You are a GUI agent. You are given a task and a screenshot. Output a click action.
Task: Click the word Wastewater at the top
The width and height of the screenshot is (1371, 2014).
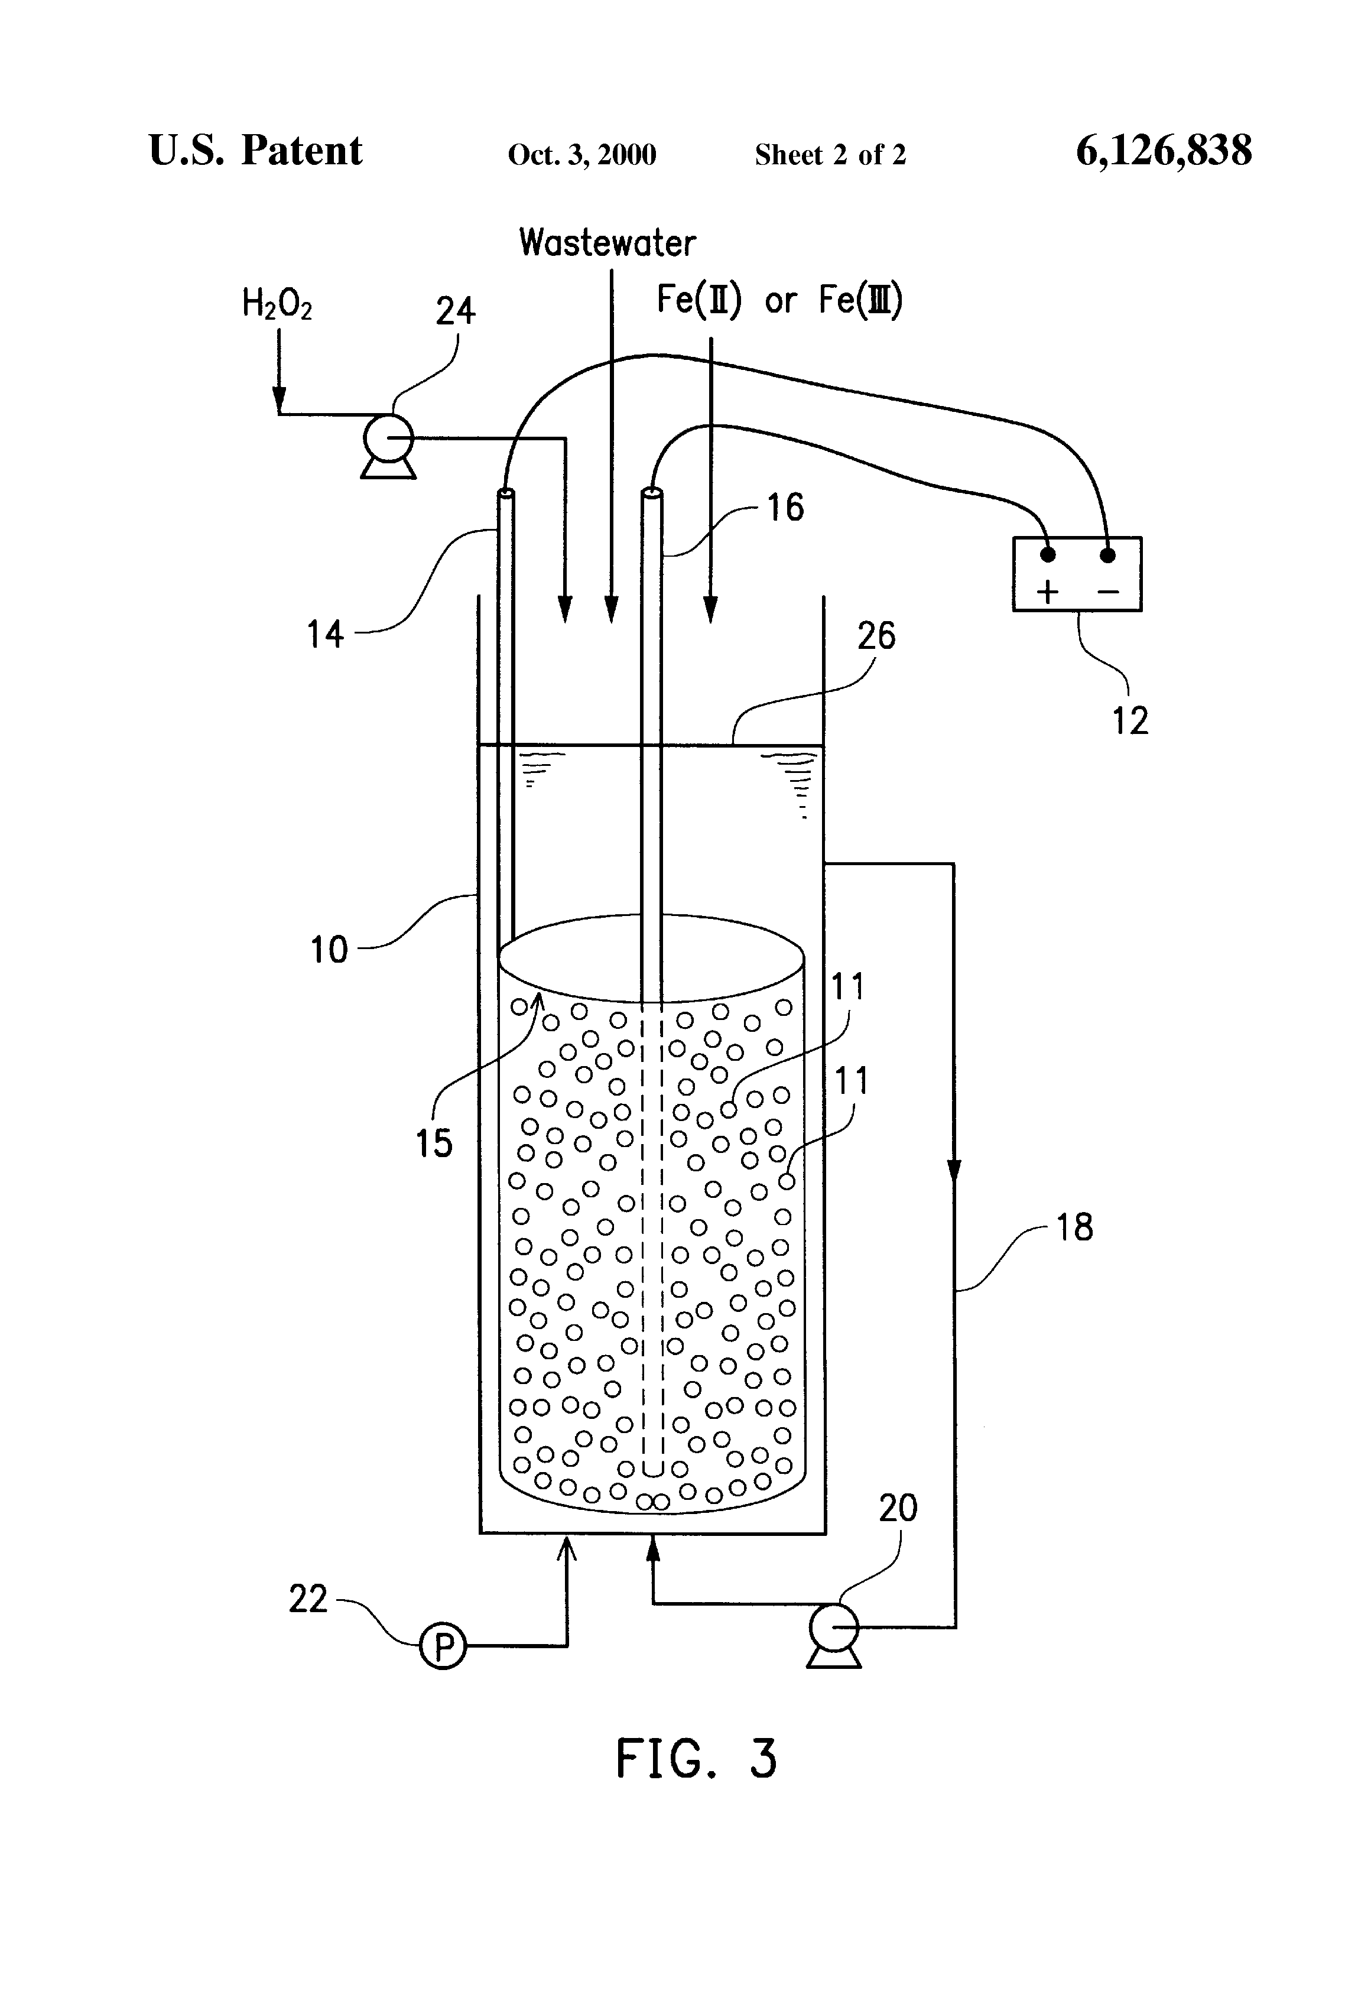pyautogui.click(x=607, y=243)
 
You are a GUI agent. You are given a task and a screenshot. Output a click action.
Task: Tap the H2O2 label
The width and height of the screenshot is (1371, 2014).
pyautogui.click(x=277, y=304)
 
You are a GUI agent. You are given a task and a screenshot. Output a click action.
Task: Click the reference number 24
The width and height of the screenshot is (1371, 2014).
pyautogui.click(x=455, y=311)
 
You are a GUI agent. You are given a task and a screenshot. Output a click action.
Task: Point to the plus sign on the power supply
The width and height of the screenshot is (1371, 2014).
pyautogui.click(x=1048, y=593)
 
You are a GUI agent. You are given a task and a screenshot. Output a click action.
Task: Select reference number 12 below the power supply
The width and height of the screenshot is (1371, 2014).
pyautogui.click(x=1130, y=720)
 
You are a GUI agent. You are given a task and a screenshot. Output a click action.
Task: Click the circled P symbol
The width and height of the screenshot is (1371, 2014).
pyautogui.click(x=443, y=1645)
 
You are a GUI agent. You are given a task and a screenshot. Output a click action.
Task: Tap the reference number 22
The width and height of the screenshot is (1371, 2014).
pyautogui.click(x=308, y=1599)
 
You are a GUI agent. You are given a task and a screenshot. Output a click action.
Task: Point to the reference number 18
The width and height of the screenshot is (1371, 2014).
pyautogui.click(x=1074, y=1227)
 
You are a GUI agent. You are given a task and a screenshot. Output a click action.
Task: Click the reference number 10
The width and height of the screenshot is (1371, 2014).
pyautogui.click(x=329, y=950)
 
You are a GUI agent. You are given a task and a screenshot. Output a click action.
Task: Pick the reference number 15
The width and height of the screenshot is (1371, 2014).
pyautogui.click(x=433, y=1143)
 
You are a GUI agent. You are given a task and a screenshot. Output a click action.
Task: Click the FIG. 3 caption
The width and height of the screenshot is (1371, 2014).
pyautogui.click(x=696, y=1760)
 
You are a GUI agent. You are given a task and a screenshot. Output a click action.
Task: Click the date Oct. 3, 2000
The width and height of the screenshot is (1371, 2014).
pyautogui.click(x=581, y=155)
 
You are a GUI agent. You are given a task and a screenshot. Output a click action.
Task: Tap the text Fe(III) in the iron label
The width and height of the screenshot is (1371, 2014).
pyautogui.click(x=860, y=300)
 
